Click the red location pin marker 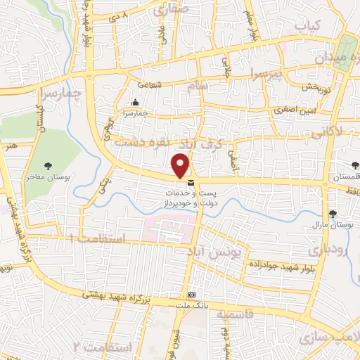[x=181, y=165]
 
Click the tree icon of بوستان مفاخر [x=48, y=166]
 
